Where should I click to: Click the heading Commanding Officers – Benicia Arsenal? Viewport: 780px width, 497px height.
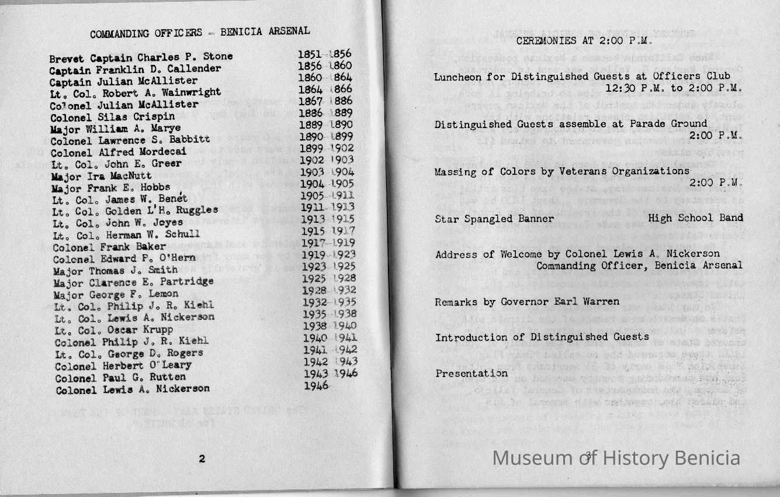200,32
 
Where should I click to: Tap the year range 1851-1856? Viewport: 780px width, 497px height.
324,54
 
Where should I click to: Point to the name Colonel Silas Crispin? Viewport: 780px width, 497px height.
113,116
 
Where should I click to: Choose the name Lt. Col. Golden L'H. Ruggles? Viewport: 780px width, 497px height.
135,210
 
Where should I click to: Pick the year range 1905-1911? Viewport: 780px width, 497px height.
327,195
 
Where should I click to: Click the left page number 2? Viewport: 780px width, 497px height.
202,459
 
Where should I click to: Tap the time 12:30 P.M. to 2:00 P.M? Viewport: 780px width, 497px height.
674,89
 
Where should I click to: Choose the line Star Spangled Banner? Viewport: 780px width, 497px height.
494,219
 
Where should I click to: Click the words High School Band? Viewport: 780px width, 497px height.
695,218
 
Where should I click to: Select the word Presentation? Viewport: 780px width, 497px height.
472,373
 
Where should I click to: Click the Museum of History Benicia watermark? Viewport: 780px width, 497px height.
616,458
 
